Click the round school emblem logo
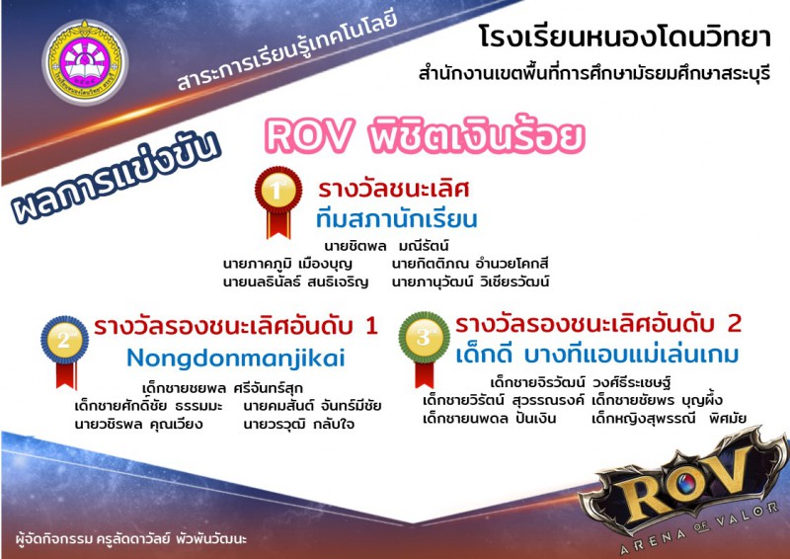(85, 62)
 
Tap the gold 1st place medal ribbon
(278, 201)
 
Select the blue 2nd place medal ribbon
(64, 351)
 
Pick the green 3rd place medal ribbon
(425, 349)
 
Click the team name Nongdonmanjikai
(236, 359)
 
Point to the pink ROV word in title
(308, 135)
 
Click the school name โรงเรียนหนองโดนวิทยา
(625, 38)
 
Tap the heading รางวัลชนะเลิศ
(393, 190)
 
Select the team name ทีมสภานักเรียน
(397, 219)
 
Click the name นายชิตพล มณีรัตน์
(386, 247)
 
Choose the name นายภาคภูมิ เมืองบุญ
(287, 264)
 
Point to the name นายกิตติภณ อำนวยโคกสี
(470, 264)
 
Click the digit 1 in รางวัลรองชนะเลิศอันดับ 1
(372, 326)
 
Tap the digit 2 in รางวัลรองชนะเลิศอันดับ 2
(735, 323)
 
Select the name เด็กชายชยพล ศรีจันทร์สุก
(222, 388)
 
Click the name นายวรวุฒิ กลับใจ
(299, 424)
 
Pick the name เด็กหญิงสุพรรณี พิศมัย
(670, 419)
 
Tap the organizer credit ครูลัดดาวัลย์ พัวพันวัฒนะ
(171, 539)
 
